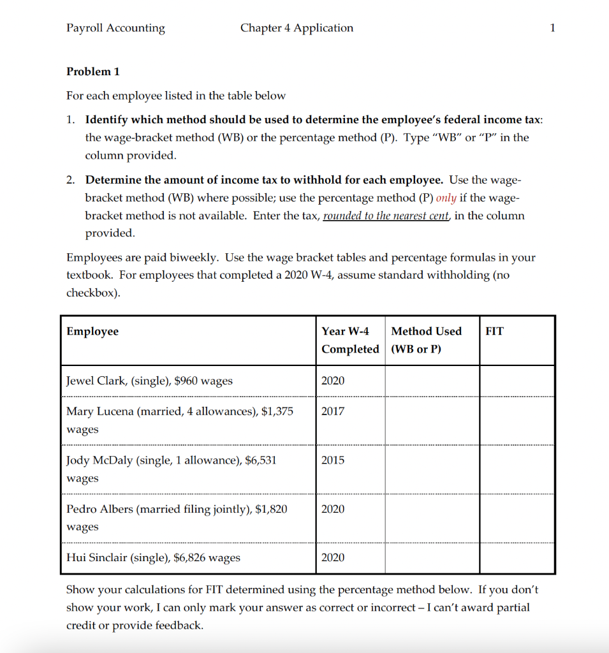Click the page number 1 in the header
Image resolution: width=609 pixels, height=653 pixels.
point(552,28)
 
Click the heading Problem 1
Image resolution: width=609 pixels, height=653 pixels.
point(93,71)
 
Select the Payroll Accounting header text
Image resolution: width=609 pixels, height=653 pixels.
point(115,28)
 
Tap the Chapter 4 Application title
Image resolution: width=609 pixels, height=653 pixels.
point(297,28)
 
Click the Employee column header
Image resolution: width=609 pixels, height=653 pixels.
point(92,331)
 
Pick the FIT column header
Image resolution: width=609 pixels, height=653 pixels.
point(494,331)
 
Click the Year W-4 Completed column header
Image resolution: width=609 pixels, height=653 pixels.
point(350,340)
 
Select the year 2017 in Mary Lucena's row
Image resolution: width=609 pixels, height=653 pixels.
point(333,411)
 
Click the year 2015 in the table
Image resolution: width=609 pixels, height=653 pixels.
point(333,460)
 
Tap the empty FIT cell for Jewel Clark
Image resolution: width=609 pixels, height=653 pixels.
point(517,381)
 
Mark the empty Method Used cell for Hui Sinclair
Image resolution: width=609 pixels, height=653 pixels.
point(432,557)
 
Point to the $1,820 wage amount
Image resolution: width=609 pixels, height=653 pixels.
point(271,508)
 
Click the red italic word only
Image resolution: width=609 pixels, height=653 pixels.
point(446,198)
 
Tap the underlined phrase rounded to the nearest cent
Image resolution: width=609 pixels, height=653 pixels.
point(386,216)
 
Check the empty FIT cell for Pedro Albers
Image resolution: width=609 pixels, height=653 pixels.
point(517,517)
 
